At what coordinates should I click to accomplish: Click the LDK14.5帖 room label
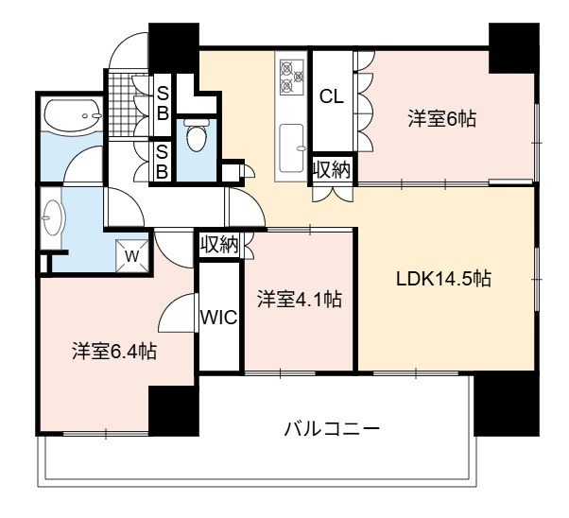[x=443, y=279]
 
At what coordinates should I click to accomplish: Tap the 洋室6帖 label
[x=442, y=119]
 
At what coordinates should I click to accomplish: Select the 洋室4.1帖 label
[x=300, y=300]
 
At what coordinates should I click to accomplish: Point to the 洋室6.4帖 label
[x=114, y=351]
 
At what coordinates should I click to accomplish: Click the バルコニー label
[x=332, y=429]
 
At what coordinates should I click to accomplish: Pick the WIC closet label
[x=219, y=318]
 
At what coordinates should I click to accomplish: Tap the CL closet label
[x=332, y=96]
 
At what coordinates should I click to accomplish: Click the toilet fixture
[x=197, y=133]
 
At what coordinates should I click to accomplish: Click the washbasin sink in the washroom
[x=52, y=217]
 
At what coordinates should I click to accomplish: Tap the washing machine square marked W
[x=132, y=256]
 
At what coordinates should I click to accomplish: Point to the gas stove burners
[x=291, y=77]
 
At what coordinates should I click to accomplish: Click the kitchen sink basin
[x=292, y=148]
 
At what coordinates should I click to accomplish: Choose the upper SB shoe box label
[x=163, y=105]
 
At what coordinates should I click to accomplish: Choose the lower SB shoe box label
[x=163, y=162]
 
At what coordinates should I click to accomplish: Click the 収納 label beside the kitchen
[x=332, y=169]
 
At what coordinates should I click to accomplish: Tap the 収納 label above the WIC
[x=219, y=244]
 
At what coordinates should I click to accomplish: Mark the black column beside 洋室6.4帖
[x=174, y=410]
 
